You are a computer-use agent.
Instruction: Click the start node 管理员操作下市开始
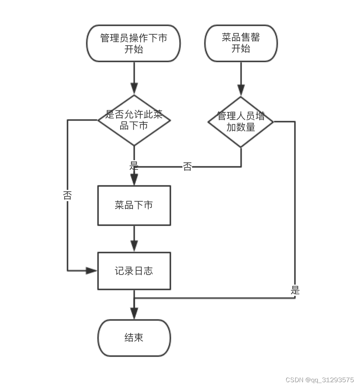coord(133,43)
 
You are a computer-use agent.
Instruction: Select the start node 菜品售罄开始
coord(241,43)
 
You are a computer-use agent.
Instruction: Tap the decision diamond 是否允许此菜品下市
coord(134,120)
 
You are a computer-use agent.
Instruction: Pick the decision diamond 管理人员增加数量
coord(241,122)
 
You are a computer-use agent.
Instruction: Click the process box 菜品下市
coord(134,205)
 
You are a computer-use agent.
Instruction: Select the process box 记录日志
coord(134,271)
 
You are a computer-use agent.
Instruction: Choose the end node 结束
coord(134,338)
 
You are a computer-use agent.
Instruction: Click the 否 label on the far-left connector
coord(67,196)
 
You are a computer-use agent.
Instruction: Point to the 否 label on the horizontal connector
coord(187,167)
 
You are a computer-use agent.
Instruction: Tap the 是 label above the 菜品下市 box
coord(134,165)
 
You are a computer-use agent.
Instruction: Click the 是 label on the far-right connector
coord(295,290)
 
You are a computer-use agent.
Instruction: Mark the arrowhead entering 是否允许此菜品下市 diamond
coord(134,89)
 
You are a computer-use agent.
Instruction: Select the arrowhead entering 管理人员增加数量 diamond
coord(241,90)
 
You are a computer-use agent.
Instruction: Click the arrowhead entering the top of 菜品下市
coord(134,180)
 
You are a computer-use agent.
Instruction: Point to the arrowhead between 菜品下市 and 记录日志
coord(134,246)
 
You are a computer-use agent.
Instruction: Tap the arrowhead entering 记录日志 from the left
coord(92,271)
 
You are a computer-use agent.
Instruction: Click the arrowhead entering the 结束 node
coord(134,314)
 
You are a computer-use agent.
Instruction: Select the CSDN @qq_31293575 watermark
coord(319,380)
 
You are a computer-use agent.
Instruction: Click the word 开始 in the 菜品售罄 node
coord(241,49)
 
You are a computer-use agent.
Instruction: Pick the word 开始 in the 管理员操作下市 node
coord(133,49)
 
